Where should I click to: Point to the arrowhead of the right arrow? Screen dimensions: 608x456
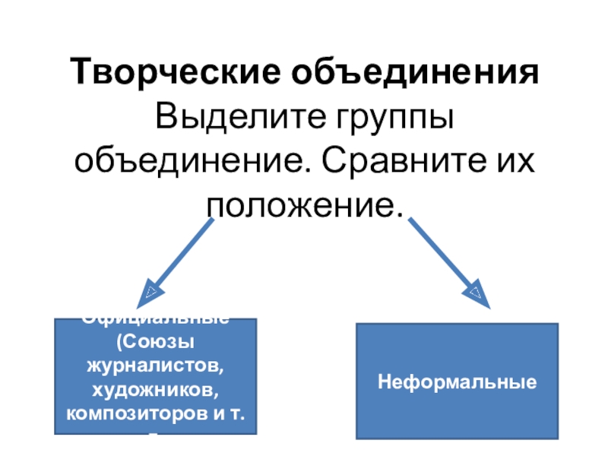tap(477, 295)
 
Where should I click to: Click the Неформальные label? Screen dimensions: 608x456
tap(458, 381)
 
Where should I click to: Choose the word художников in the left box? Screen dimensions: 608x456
tap(155, 391)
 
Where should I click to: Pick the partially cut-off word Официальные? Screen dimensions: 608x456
tap(155, 321)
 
